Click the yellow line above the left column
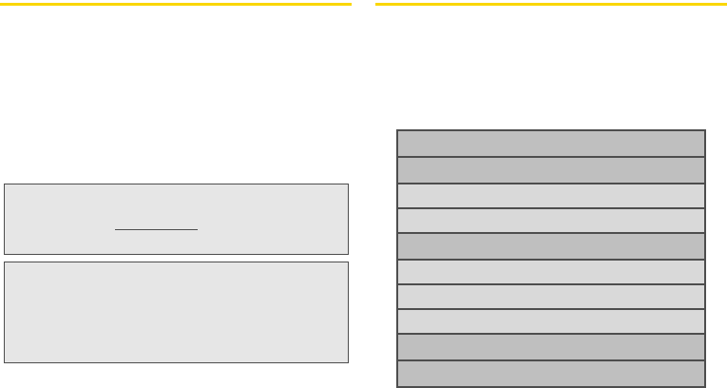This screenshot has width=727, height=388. pos(176,5)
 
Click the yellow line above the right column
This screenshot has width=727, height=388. pos(550,5)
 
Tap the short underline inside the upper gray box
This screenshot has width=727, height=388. pos(157,229)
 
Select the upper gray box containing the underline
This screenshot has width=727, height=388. pos(176,204)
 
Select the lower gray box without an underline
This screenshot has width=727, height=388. pos(176,312)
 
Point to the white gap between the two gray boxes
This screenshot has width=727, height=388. pos(176,258)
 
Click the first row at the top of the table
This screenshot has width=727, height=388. pos(550,144)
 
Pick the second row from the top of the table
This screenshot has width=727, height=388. pos(550,170)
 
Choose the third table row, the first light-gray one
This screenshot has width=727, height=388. pos(550,196)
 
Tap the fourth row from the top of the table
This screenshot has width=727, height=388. pos(550,221)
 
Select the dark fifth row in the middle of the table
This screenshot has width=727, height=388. pos(550,246)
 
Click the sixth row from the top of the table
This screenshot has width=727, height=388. pos(550,272)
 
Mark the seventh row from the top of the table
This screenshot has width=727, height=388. pos(550,297)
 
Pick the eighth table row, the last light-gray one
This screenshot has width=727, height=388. pos(550,321)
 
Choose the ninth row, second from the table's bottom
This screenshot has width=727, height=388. pos(550,347)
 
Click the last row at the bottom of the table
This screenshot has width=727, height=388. pos(550,373)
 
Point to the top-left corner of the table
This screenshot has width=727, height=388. pos(396,130)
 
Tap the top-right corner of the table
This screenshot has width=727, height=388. pos(705,130)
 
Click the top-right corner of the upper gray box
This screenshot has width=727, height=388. pos(348,184)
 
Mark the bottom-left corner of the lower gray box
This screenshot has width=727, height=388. pos(5,362)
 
